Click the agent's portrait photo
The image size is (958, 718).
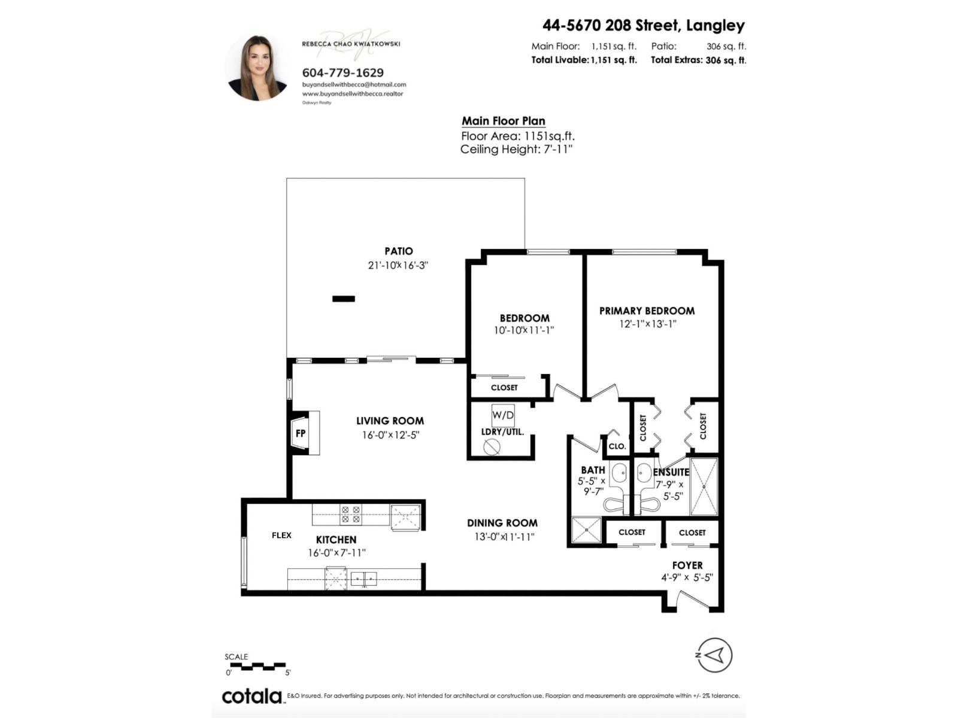(x=258, y=67)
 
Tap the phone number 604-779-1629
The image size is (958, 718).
(x=342, y=72)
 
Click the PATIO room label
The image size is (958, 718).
(x=398, y=251)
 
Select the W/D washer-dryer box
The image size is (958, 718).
(x=502, y=415)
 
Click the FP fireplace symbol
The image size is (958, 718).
(x=301, y=433)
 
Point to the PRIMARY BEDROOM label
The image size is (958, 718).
(x=647, y=311)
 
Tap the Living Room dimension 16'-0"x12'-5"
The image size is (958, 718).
(x=390, y=435)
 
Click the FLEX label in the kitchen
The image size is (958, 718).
(x=281, y=535)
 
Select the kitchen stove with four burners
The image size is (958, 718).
(x=350, y=515)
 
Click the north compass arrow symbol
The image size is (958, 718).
(x=714, y=655)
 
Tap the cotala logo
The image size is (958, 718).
(x=252, y=696)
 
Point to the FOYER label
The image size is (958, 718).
(x=687, y=565)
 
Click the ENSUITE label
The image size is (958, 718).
(x=671, y=472)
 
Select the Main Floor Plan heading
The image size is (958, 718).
(x=503, y=121)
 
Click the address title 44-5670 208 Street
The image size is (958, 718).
(x=643, y=25)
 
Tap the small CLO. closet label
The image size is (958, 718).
(x=617, y=446)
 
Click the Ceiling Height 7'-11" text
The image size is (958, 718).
(x=516, y=150)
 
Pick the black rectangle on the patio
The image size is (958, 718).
(x=344, y=299)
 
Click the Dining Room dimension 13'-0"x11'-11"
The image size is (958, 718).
(x=504, y=537)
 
